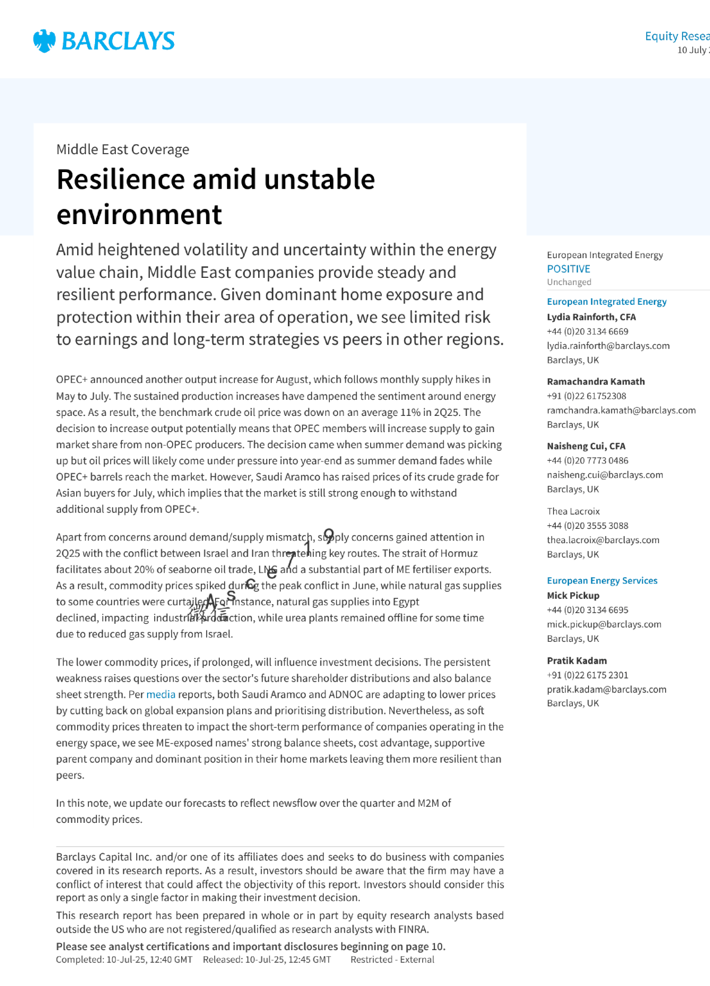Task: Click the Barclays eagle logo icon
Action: tap(44, 41)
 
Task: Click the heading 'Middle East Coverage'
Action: tap(123, 149)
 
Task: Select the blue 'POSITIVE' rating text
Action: tap(568, 269)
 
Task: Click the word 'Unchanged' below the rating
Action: tap(569, 282)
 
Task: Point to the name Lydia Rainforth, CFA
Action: tap(591, 317)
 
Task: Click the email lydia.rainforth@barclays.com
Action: tap(608, 345)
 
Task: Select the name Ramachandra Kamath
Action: tap(595, 381)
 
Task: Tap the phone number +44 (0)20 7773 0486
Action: tap(587, 460)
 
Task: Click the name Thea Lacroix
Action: tap(573, 511)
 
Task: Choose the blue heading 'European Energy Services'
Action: tap(602, 580)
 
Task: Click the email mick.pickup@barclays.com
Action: tap(604, 624)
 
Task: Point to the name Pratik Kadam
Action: tap(577, 660)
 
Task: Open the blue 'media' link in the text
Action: tap(161, 694)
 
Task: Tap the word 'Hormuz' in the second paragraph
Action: tap(459, 553)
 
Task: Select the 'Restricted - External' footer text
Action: tap(392, 960)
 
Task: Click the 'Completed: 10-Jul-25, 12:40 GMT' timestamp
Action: tap(124, 960)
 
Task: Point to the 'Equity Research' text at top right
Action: tap(677, 36)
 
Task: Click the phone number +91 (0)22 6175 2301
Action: tap(587, 675)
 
